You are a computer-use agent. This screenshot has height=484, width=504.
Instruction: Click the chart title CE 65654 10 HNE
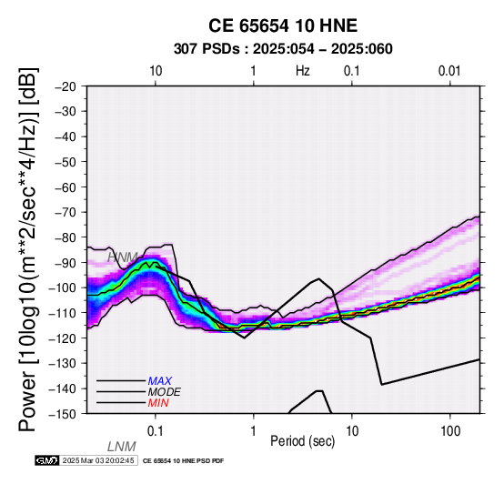click(283, 25)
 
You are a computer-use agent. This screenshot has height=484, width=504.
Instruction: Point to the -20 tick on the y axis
click(66, 86)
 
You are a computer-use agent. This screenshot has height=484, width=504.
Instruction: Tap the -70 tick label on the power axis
click(66, 212)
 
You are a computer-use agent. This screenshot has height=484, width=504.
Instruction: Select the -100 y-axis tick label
click(63, 287)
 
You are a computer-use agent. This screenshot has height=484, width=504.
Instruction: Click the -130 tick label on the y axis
click(63, 363)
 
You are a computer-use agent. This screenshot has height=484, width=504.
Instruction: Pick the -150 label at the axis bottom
click(63, 414)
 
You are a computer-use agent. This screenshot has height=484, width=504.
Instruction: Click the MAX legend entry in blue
click(160, 381)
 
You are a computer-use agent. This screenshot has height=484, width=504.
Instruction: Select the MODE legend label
click(165, 392)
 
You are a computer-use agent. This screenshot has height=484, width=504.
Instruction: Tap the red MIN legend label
click(158, 403)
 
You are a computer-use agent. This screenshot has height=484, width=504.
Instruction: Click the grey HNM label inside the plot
click(123, 257)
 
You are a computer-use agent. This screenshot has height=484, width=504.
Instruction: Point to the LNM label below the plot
click(122, 447)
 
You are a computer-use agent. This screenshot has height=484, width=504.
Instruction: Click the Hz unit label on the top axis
click(302, 71)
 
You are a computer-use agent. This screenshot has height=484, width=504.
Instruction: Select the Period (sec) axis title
click(302, 441)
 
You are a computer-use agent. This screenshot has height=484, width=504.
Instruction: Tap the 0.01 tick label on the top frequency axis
click(449, 71)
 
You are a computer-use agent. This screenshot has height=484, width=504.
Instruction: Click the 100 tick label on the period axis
click(450, 431)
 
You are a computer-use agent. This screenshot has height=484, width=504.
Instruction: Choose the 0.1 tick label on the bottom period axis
click(156, 431)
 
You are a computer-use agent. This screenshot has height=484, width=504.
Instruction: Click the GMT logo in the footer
click(47, 460)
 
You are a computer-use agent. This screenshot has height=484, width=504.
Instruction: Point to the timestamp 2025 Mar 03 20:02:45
click(98, 460)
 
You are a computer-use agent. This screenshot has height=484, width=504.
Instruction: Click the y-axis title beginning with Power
click(27, 249)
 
